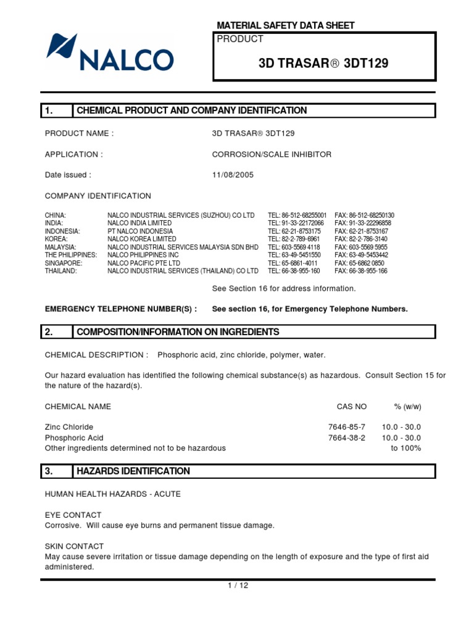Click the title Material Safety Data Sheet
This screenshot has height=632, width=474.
tap(286, 25)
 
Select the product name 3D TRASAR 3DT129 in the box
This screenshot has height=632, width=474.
tap(324, 64)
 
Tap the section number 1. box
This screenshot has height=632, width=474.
tap(56, 110)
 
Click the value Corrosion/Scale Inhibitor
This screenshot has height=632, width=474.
tap(272, 154)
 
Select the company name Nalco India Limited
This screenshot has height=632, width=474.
tap(139, 223)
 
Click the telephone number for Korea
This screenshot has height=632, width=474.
tap(294, 239)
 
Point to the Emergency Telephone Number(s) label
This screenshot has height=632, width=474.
tap(121, 309)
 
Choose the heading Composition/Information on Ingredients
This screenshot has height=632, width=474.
tap(178, 332)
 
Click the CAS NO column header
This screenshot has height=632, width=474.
tap(352, 407)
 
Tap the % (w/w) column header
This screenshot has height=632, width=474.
tap(407, 407)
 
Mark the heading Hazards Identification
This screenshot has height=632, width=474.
tap(133, 471)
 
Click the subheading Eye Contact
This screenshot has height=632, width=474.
tap(73, 515)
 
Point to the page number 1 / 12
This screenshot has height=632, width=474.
tap(238, 585)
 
